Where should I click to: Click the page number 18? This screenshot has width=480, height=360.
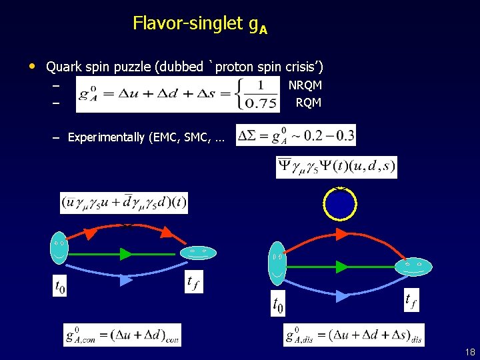click(x=469, y=351)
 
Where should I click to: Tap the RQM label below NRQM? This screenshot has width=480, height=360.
click(x=309, y=103)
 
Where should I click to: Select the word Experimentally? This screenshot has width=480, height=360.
click(x=106, y=137)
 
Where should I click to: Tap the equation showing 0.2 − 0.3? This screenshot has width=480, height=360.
click(x=296, y=135)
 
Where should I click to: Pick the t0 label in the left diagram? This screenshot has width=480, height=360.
click(x=59, y=287)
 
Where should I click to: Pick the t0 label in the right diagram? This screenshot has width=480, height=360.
click(x=278, y=305)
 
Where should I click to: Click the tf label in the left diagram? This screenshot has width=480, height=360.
click(x=193, y=283)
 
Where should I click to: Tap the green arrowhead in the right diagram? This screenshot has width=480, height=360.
click(x=342, y=267)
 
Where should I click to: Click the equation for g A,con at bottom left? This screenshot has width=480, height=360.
click(x=122, y=335)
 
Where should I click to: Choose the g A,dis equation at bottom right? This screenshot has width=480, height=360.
click(x=353, y=335)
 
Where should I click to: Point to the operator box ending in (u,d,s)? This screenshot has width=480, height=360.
click(x=337, y=167)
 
